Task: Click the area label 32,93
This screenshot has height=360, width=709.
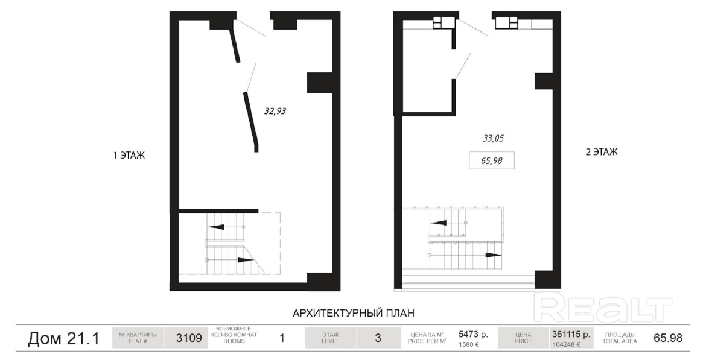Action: [275, 111]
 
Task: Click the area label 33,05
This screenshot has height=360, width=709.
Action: [493, 139]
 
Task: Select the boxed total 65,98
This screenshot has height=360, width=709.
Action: [492, 160]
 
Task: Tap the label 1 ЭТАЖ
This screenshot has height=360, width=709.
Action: [129, 156]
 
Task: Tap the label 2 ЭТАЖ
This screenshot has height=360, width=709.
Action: [602, 152]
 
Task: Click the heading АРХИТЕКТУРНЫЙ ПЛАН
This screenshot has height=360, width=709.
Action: [354, 312]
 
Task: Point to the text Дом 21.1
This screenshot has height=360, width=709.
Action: [63, 338]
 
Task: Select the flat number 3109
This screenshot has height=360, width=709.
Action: [189, 338]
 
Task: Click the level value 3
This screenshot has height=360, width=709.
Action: [378, 338]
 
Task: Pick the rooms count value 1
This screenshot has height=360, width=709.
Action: [282, 338]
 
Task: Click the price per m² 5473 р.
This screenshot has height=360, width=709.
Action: [474, 334]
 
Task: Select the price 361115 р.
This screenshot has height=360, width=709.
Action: [571, 334]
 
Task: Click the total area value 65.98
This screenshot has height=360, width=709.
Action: [668, 338]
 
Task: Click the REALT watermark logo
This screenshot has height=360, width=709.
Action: [603, 307]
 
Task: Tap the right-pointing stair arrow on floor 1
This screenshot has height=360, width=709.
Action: [246, 260]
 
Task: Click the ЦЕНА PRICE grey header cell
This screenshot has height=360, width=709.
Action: [523, 338]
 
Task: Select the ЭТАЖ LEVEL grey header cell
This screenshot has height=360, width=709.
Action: [331, 338]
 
